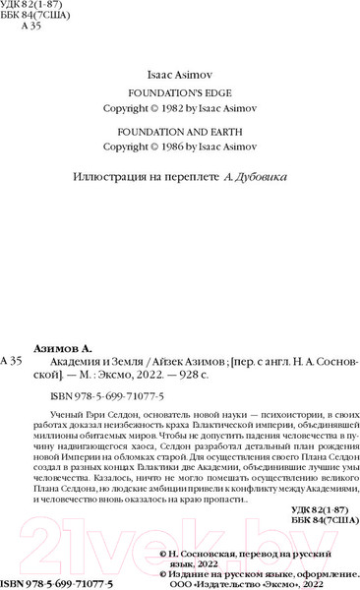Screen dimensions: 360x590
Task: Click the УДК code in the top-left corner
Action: tap(35, 7)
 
